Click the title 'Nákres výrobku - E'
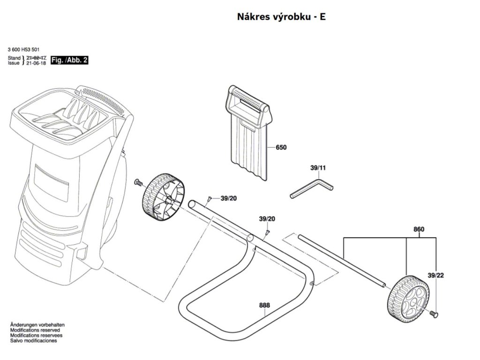[x=282, y=17]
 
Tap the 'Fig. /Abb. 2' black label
[x=69, y=60]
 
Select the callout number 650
[x=281, y=148]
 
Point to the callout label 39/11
[x=318, y=167]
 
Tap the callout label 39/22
[x=435, y=275]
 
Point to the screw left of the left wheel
[x=138, y=182]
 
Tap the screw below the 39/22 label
[x=434, y=314]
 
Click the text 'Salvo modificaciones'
[x=33, y=341]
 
